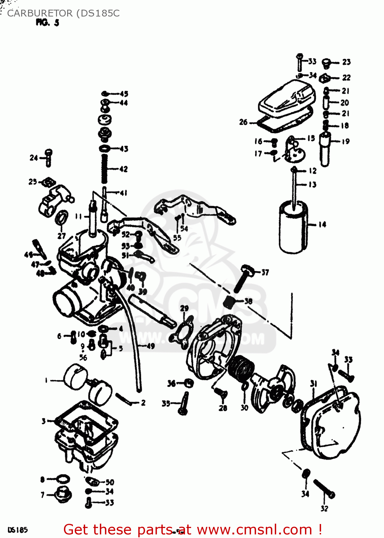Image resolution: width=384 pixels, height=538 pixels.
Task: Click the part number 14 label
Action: pos(322,225)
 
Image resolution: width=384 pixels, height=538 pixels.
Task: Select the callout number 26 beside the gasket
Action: pos(243,122)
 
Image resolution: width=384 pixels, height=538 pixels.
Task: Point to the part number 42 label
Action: pos(123,169)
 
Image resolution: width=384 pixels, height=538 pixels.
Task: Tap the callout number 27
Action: pos(61,236)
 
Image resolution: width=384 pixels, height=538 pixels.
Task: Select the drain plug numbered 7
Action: pos(64,495)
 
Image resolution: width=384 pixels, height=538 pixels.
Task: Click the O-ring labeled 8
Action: pos(64,479)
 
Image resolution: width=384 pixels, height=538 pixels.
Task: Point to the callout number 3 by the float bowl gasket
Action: pos(43,421)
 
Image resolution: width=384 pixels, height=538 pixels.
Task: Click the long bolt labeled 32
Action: pos(324,489)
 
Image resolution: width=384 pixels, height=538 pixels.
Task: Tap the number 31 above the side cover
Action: pos(314,384)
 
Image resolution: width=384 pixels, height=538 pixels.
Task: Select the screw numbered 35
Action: pos(184,403)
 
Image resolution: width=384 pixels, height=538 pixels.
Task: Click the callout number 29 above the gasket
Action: pos(184,308)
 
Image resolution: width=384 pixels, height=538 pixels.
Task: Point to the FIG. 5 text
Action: pos(47,23)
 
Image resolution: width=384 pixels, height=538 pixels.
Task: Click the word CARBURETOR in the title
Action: pos(40,13)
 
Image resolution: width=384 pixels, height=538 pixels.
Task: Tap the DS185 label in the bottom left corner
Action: pos(17,530)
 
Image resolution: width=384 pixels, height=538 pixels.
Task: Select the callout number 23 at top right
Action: pos(346,62)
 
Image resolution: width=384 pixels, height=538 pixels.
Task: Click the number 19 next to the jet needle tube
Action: pos(346,141)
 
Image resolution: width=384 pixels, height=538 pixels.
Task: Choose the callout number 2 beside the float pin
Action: pos(143,403)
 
